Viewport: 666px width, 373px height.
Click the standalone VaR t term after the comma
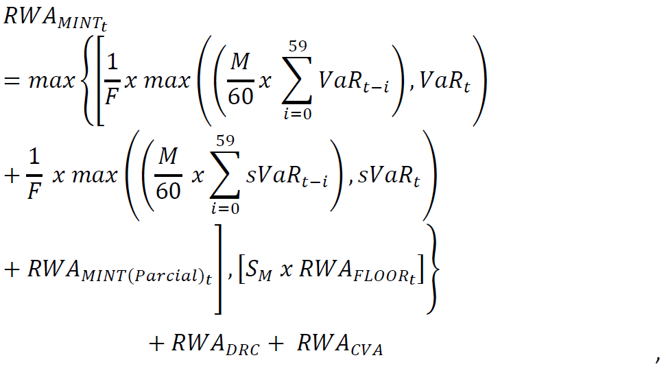tap(445, 84)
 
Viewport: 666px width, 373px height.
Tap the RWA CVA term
tap(340, 345)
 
